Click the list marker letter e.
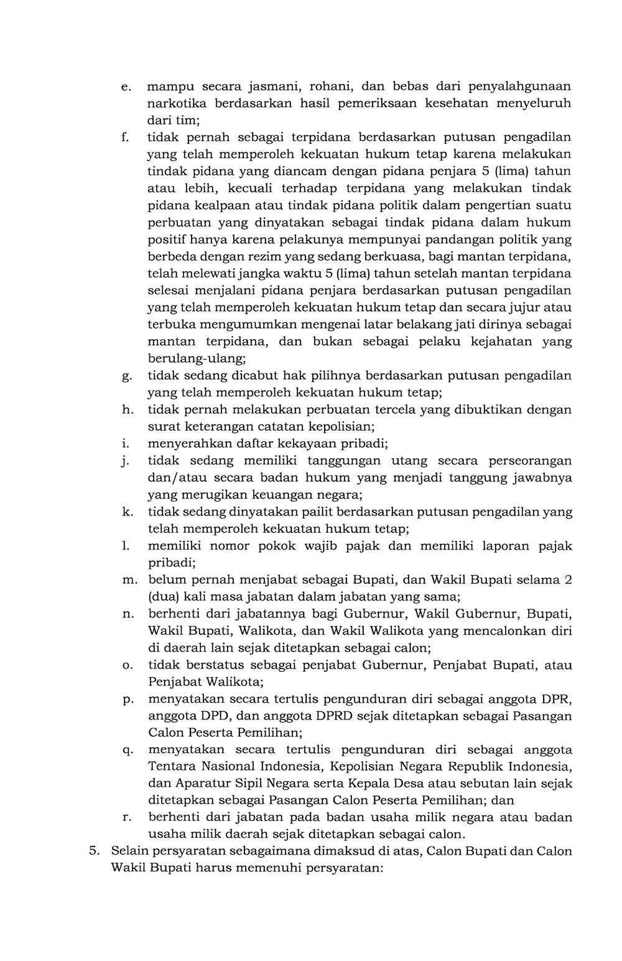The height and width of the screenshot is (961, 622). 126,87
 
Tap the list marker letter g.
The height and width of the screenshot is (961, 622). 126,377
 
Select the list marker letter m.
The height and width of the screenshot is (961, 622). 129,580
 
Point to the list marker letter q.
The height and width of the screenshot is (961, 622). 127,750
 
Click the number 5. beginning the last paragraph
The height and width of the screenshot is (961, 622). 93,851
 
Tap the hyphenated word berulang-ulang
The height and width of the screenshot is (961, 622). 197,359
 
